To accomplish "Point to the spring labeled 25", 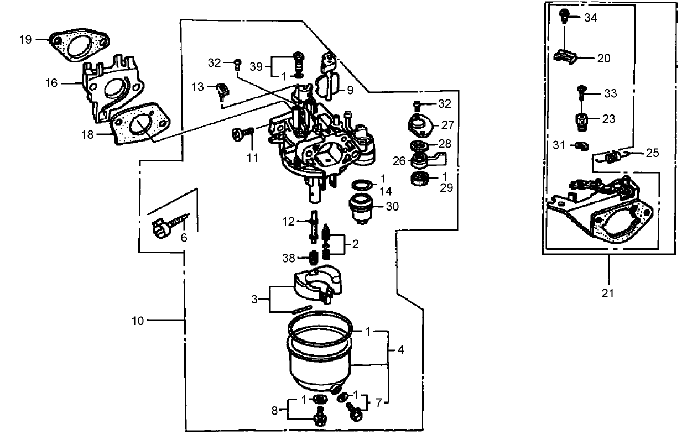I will [x=612, y=157].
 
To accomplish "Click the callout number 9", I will [x=350, y=90].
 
